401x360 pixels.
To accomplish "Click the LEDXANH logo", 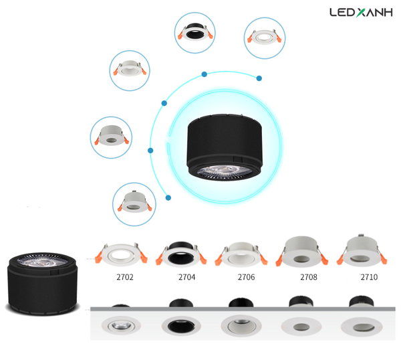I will [358, 12].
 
